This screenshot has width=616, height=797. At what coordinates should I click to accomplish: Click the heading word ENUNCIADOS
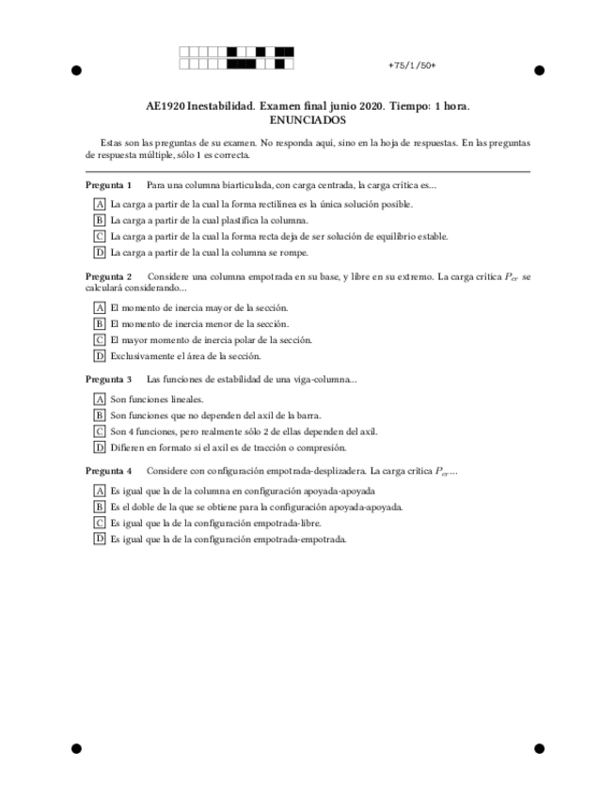(308, 120)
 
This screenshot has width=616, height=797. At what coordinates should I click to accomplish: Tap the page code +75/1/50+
(411, 65)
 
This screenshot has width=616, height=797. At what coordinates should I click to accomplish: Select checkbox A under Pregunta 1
(99, 203)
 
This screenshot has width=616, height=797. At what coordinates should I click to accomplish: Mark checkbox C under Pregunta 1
(99, 236)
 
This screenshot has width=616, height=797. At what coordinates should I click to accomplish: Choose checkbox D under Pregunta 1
(99, 252)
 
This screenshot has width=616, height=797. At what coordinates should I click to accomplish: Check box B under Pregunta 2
(99, 323)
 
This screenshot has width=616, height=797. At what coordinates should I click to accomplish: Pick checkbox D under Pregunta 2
(99, 355)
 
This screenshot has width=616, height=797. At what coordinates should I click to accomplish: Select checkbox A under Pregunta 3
(99, 399)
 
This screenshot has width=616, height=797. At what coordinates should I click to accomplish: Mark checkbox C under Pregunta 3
(99, 431)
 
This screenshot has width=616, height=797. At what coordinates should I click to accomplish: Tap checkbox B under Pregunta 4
(99, 507)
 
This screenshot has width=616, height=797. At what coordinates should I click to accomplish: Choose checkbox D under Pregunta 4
(99, 539)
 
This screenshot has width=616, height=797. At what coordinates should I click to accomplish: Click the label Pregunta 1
(108, 185)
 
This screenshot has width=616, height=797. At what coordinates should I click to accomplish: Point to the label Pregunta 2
(108, 276)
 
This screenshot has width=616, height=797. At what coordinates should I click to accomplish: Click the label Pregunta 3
(108, 379)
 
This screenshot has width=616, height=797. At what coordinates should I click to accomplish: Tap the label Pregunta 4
(108, 470)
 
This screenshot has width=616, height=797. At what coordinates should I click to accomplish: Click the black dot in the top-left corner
(76, 70)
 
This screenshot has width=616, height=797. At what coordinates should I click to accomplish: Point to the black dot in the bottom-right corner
(540, 748)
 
